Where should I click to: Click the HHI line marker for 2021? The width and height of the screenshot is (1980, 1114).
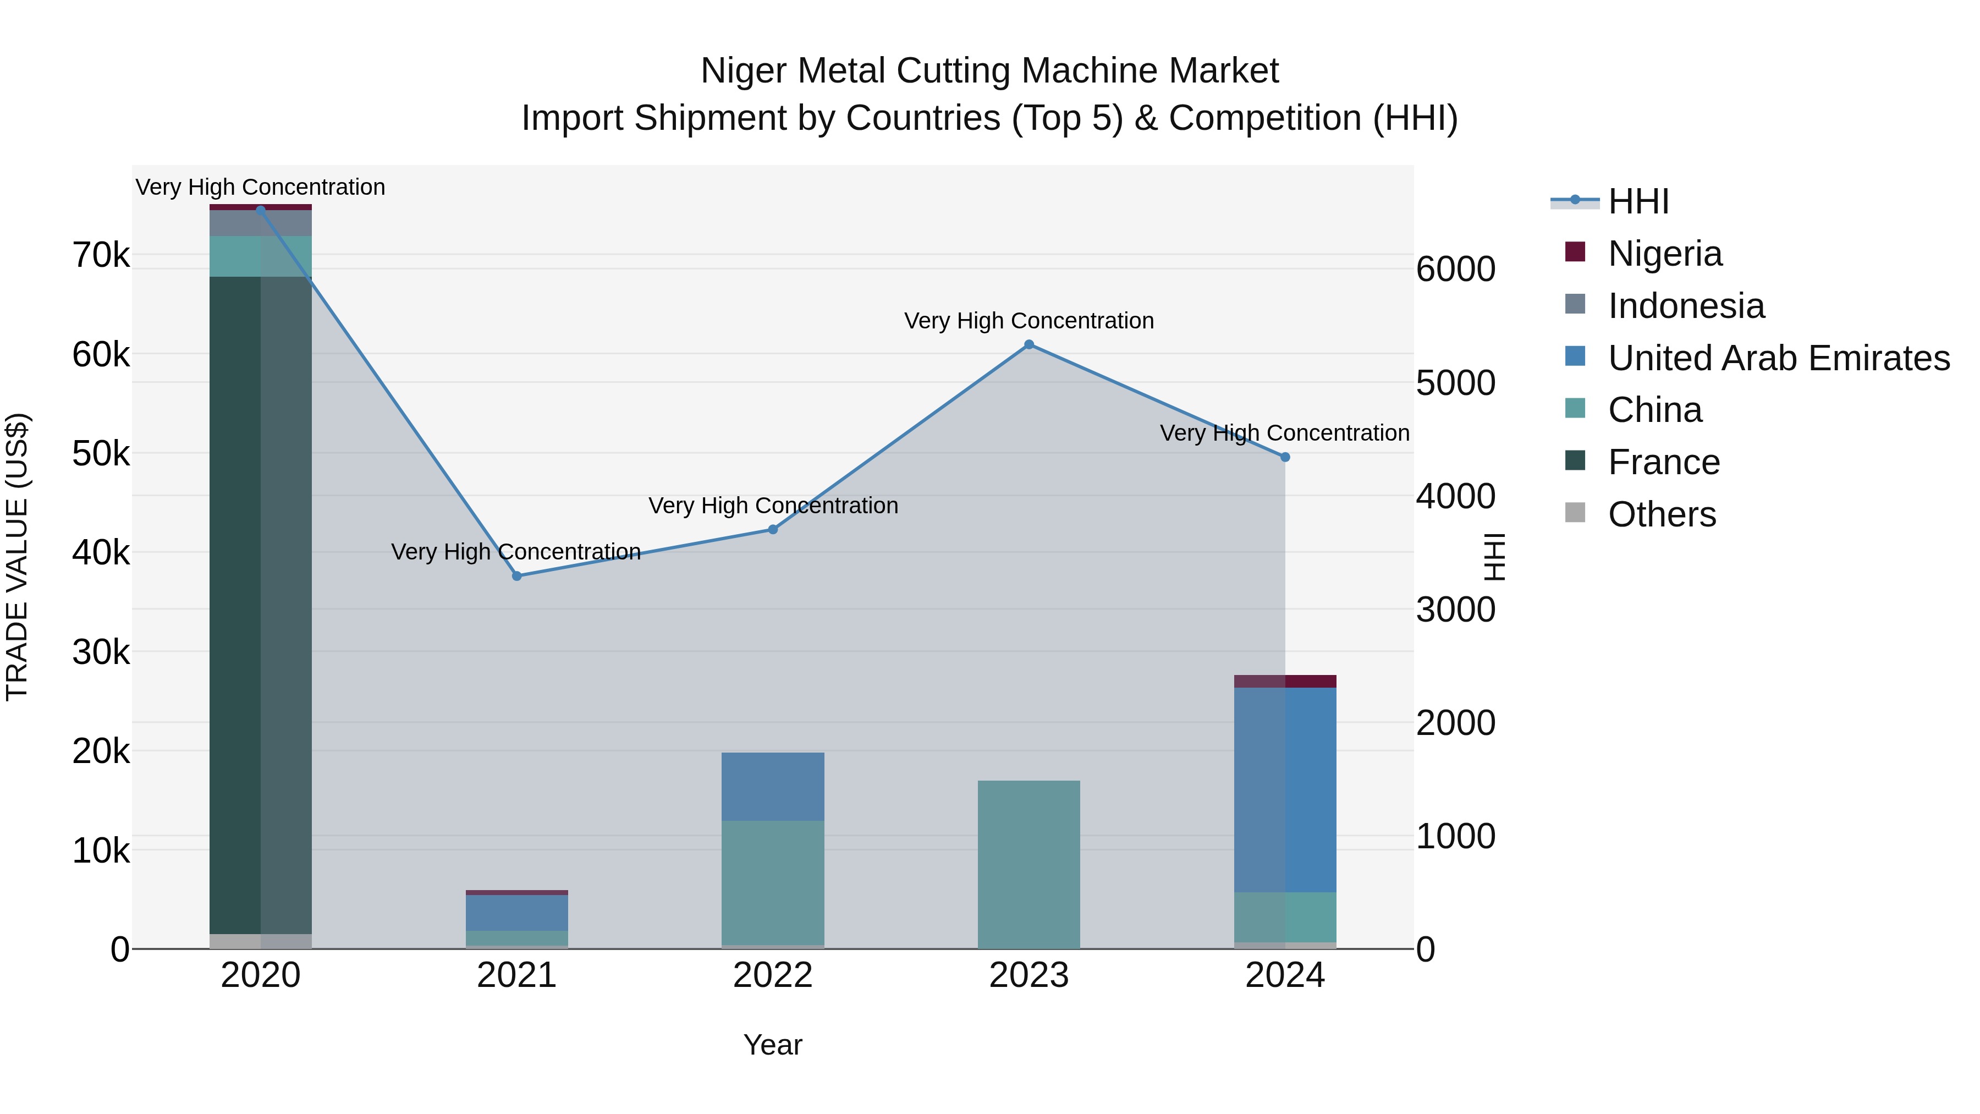[516, 576]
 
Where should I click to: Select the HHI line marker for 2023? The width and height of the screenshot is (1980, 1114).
[1029, 344]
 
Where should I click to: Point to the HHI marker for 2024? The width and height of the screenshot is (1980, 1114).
[1285, 457]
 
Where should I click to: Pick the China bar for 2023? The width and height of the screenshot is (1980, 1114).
[1029, 864]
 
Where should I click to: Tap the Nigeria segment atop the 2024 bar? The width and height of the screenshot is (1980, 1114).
[1285, 681]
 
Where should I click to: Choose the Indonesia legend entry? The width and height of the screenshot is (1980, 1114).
[1686, 306]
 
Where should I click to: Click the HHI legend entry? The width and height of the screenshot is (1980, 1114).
[1638, 201]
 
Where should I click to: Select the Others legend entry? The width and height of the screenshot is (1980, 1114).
[1661, 514]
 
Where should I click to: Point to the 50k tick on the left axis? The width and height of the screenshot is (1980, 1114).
[101, 454]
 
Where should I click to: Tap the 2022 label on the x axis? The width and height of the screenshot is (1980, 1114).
[773, 975]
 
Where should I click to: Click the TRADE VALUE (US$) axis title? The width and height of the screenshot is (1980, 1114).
[17, 557]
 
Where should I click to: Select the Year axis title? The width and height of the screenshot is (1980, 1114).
[773, 1045]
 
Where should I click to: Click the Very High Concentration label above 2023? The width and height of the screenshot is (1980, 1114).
[1029, 321]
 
